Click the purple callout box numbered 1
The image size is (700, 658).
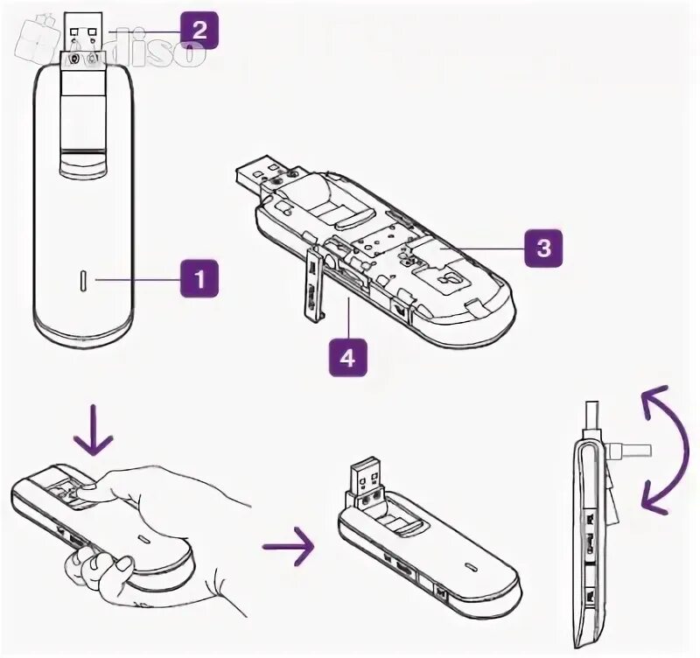click(x=199, y=280)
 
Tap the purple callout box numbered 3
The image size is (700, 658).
click(x=542, y=248)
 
